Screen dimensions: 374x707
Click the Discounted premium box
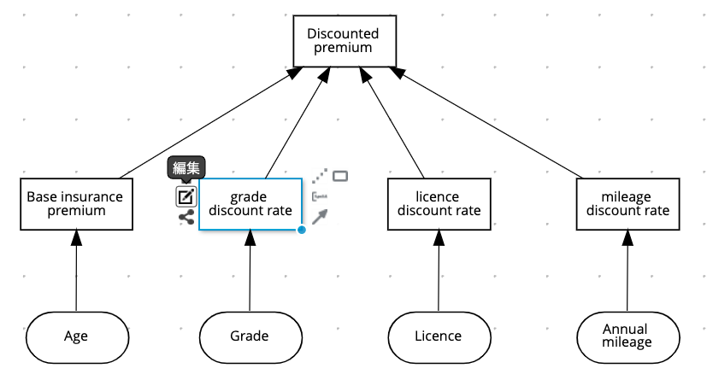click(342, 41)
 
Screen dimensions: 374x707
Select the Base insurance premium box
click(75, 203)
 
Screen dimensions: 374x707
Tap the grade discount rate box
click(250, 204)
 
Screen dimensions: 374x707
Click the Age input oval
click(76, 336)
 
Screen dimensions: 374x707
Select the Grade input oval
click(250, 336)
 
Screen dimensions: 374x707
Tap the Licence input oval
click(439, 336)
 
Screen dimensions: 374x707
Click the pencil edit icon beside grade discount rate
click(186, 196)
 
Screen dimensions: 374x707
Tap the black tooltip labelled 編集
click(186, 169)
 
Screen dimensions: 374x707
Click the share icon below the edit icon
click(186, 217)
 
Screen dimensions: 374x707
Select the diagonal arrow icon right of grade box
click(319, 217)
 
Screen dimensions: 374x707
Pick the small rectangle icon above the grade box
click(340, 176)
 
